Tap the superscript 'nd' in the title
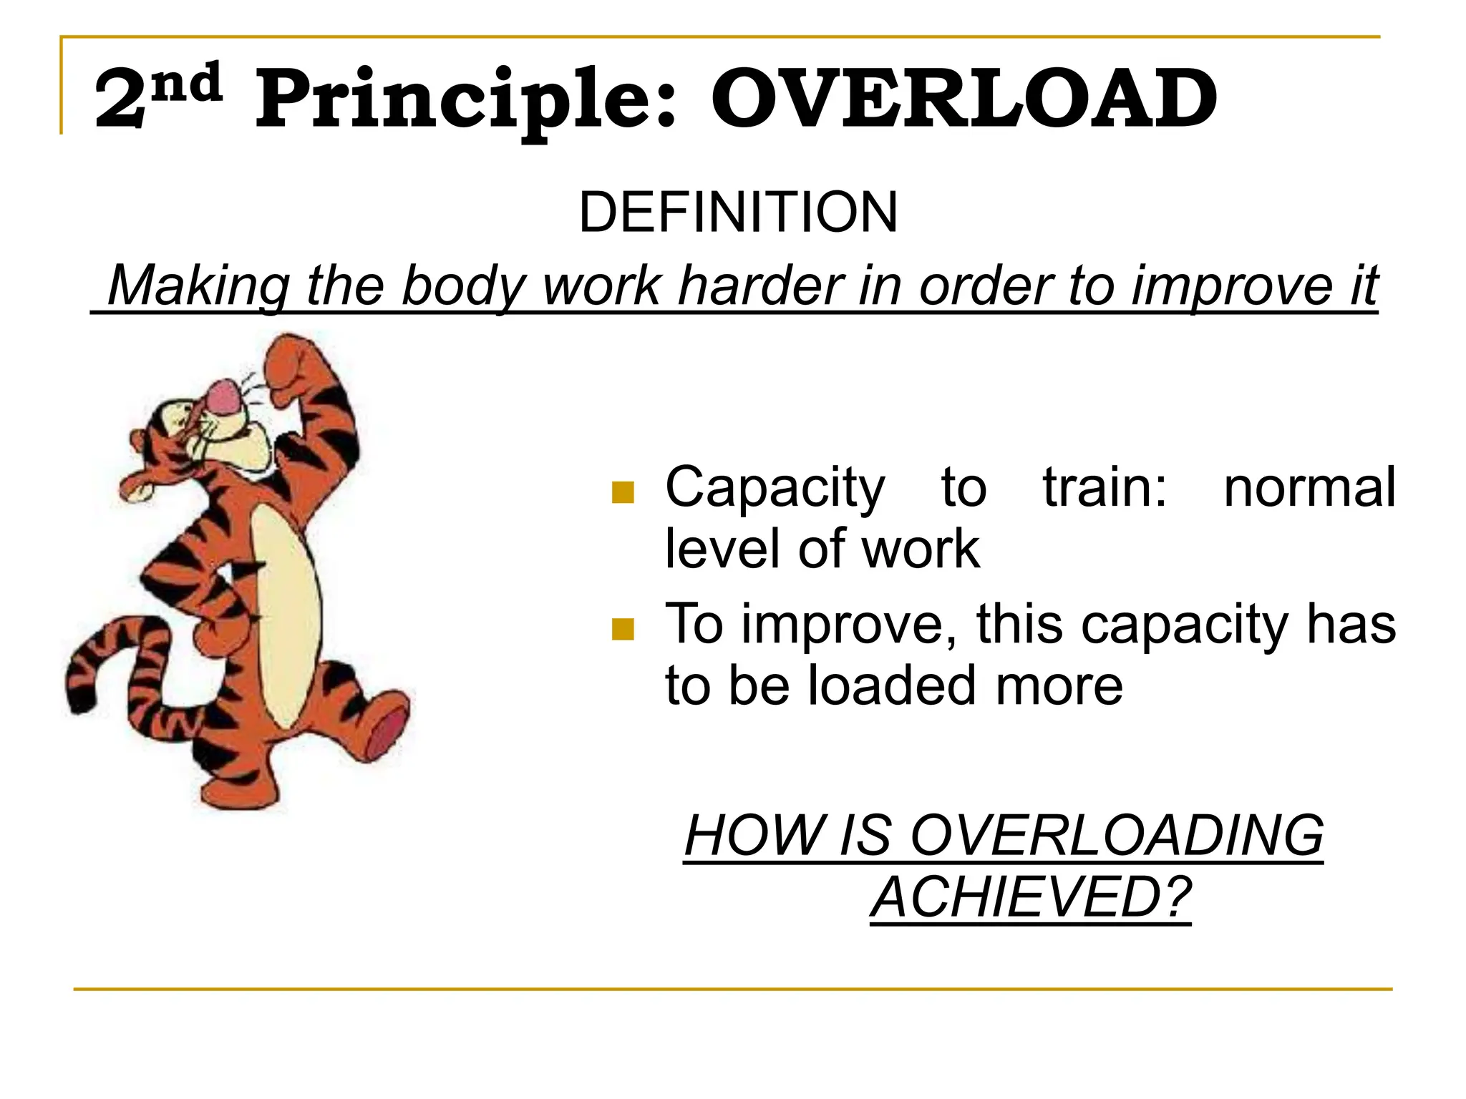pos(188,83)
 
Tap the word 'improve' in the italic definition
pos(1230,285)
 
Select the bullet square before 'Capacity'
pos(623,492)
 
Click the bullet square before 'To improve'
pos(623,629)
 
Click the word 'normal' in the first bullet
pos(1309,488)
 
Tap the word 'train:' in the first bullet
pos(1105,488)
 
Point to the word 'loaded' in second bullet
pos(891,685)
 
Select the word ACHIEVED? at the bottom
pos(1031,898)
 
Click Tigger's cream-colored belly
pos(286,615)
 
